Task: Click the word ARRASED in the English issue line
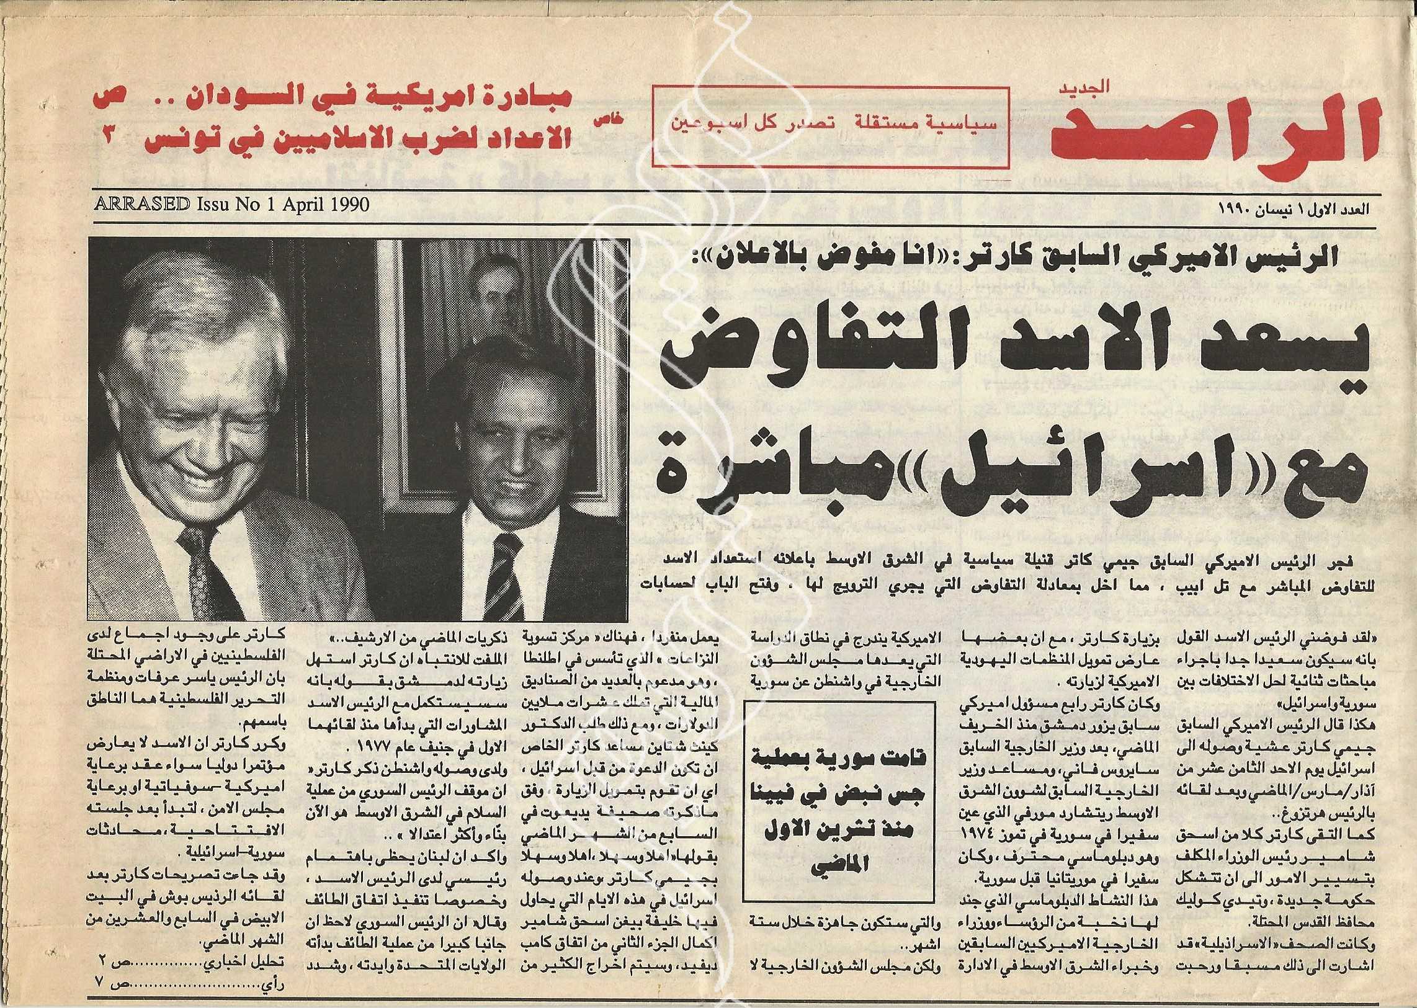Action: [x=141, y=204]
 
